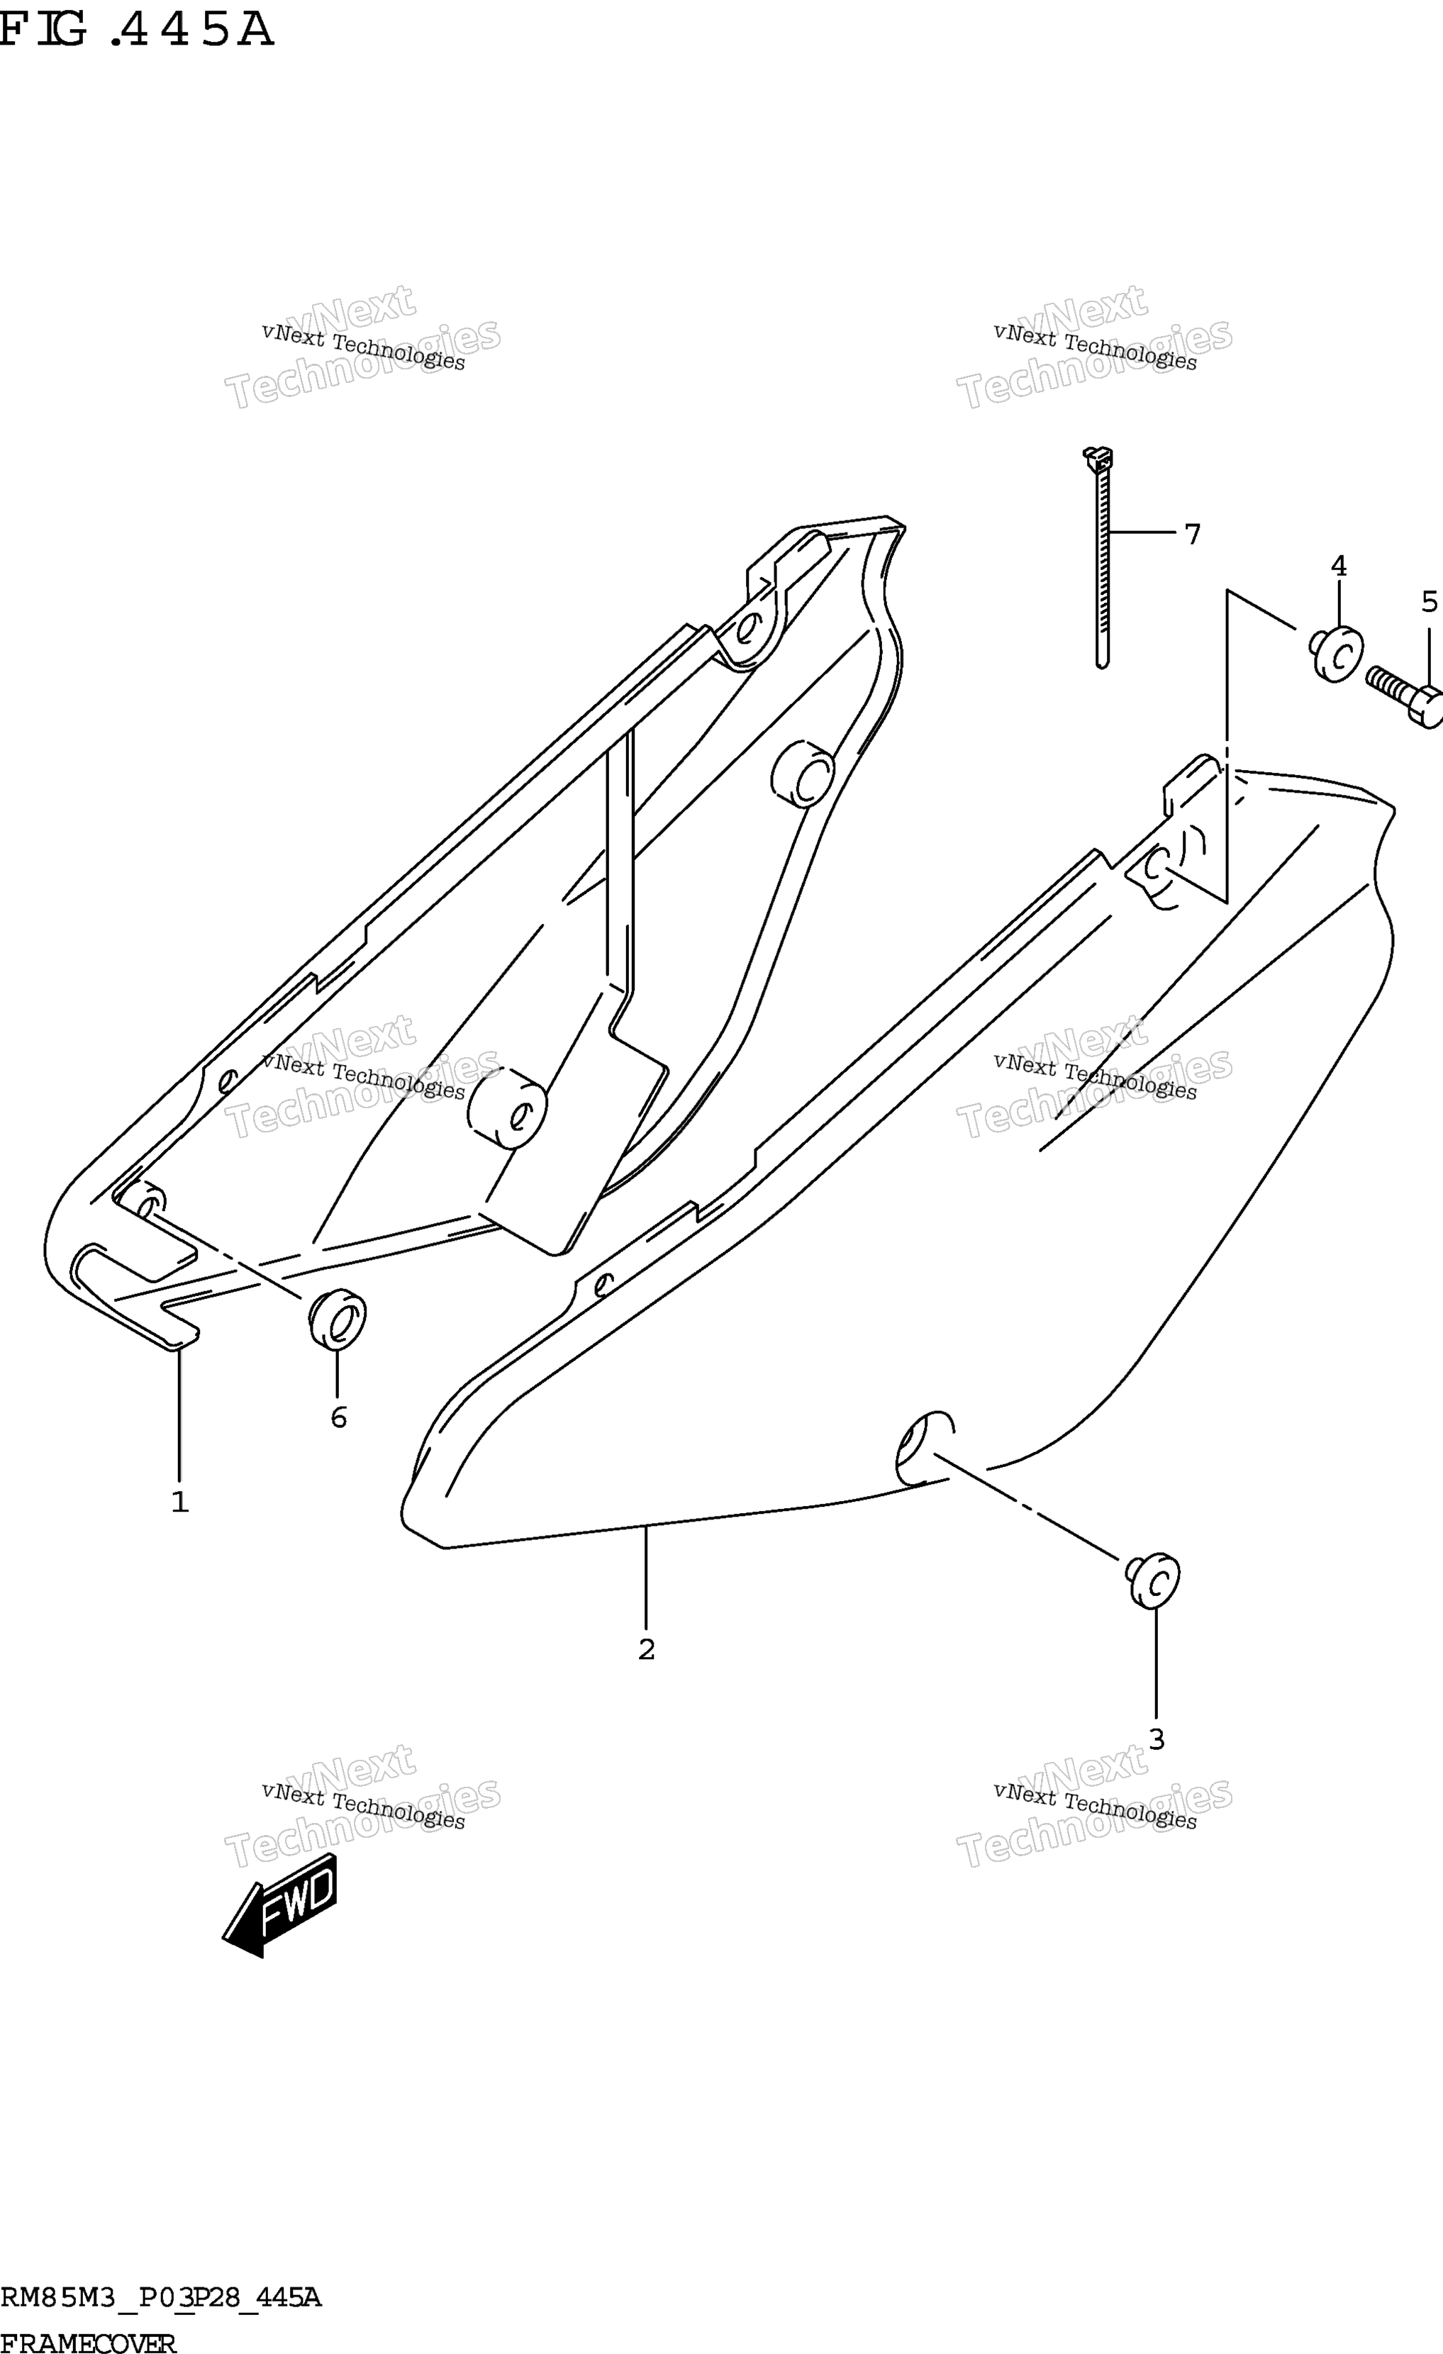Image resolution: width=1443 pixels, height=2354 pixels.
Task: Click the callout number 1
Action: coord(179,1502)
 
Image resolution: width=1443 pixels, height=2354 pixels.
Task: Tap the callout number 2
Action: coord(646,1650)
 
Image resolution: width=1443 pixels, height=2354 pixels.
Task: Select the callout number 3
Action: coord(1157,1740)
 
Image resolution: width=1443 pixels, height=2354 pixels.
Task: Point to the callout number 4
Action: coord(1339,567)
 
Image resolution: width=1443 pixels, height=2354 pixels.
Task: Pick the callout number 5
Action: coord(1429,602)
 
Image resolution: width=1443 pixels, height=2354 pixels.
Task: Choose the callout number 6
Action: coord(338,1418)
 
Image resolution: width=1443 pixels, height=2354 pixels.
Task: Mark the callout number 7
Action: coord(1192,534)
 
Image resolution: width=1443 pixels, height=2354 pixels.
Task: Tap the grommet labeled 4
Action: coord(1336,654)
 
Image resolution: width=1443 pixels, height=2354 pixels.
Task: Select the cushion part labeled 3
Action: coord(1152,1580)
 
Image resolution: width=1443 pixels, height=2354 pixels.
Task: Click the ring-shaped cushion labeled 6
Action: coord(336,1320)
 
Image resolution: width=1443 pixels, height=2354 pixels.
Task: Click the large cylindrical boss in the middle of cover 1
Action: coord(508,1109)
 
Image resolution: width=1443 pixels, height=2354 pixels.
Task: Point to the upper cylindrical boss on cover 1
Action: coord(803,772)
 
